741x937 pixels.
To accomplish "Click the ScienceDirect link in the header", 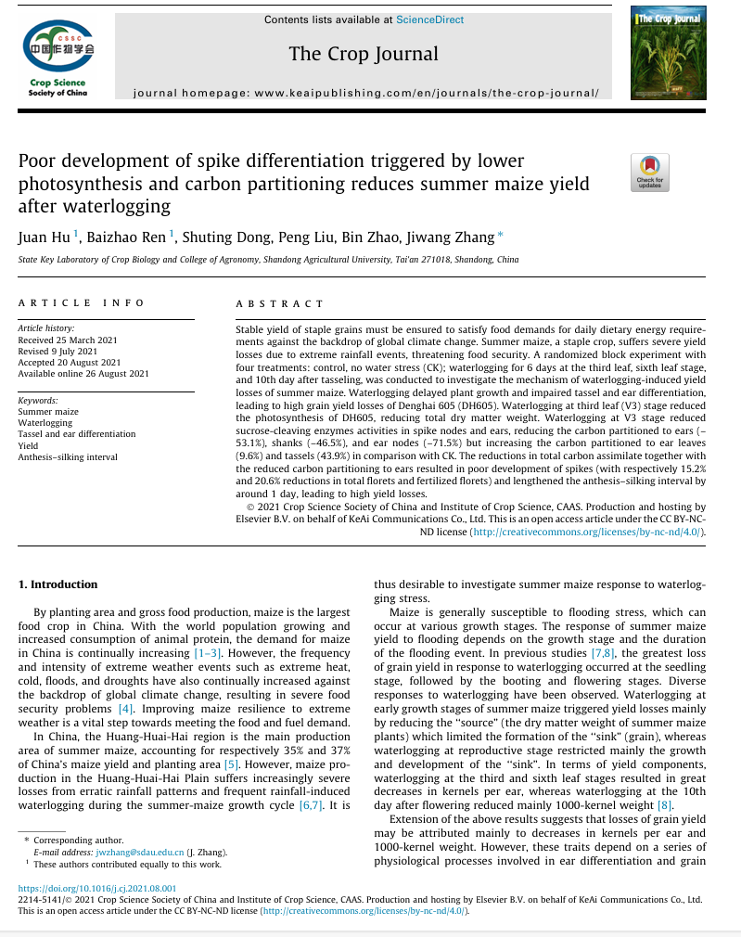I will coord(429,19).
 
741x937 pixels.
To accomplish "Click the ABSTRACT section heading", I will coord(280,303).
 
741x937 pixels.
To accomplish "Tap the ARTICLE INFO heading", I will coord(82,302).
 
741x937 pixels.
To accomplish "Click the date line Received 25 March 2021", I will coord(64,339).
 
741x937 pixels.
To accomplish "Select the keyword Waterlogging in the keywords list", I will coord(45,422).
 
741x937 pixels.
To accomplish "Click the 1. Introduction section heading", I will coord(58,584).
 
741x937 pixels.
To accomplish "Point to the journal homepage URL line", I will coord(366,94).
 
